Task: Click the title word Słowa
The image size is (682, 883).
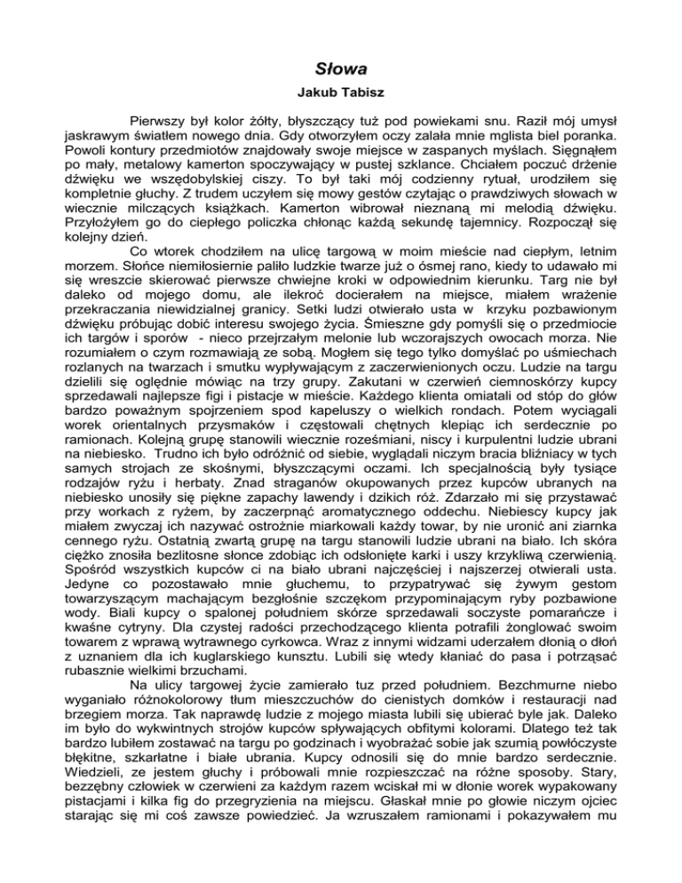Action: [341, 67]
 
